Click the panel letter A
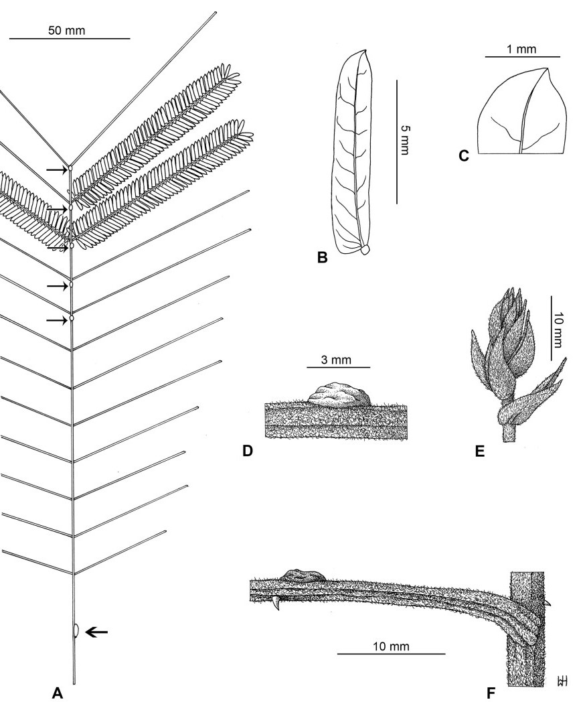(x=57, y=694)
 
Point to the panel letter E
(x=479, y=451)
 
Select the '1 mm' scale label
(x=512, y=49)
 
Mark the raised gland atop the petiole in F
(x=303, y=575)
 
